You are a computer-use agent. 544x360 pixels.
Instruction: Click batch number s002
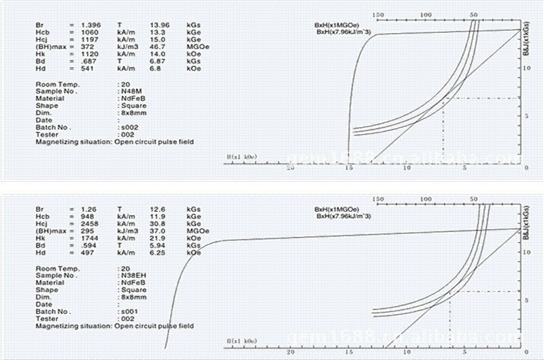(129, 127)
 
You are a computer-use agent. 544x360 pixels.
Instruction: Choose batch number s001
(129, 312)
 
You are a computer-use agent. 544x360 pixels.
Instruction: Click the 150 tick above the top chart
(379, 14)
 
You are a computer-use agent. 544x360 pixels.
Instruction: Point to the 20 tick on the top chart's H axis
(292, 169)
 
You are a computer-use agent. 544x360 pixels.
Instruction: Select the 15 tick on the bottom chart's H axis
(350, 353)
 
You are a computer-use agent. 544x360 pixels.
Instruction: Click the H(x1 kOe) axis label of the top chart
(241, 157)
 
